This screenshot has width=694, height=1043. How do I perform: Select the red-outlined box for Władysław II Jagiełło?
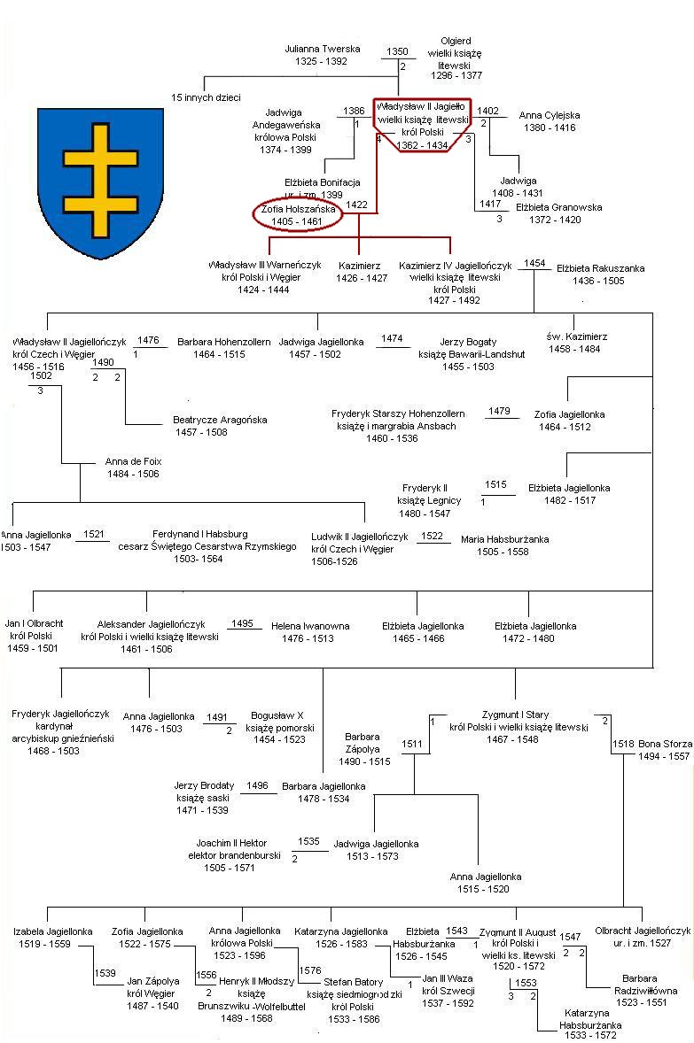point(423,125)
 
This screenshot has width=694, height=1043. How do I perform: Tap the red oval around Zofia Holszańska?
point(298,215)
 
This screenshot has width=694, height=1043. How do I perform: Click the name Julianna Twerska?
point(323,50)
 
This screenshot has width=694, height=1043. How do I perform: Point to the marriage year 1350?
point(398,52)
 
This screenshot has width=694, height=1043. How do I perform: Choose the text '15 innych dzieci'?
point(206,97)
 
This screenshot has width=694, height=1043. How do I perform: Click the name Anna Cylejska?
point(550,115)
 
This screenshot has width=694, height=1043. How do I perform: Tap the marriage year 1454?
point(534,264)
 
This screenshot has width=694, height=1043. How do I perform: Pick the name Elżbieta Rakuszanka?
point(600,268)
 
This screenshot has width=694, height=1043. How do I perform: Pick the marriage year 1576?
point(309,970)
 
